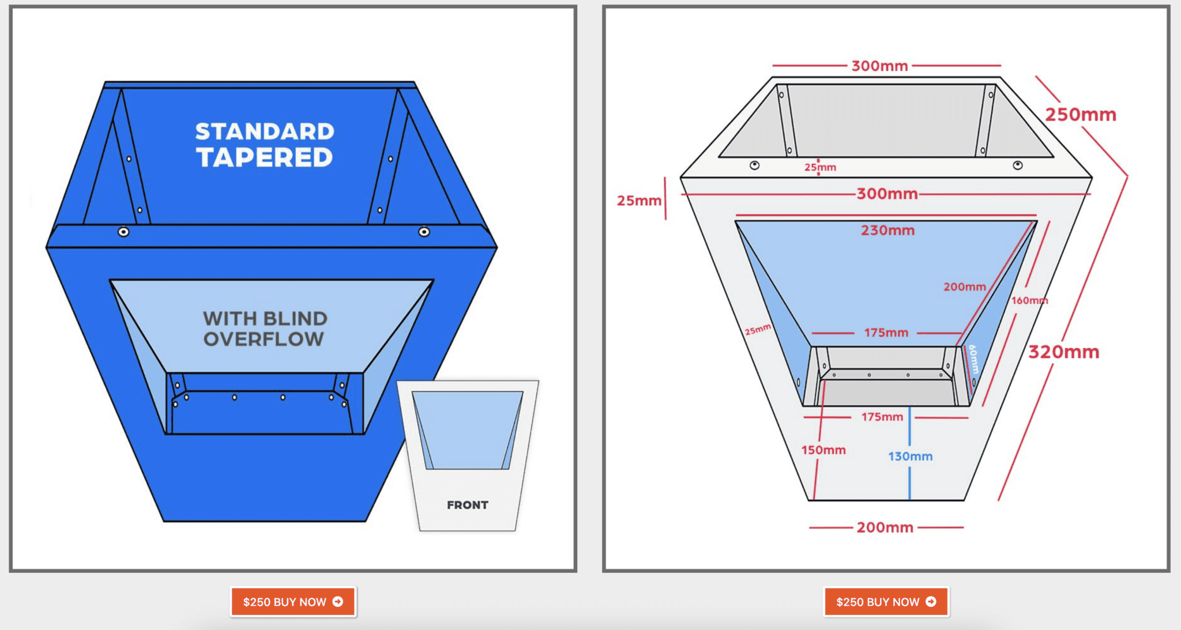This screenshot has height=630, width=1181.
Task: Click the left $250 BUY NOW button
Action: click(292, 602)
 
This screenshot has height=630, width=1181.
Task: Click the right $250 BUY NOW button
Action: click(886, 602)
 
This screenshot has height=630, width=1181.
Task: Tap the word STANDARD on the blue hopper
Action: click(265, 131)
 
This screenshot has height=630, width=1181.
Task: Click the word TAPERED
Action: click(265, 157)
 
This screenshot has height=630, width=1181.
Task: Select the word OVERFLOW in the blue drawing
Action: click(264, 339)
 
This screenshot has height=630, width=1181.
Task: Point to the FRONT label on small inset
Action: click(467, 505)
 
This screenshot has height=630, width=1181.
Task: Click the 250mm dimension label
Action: click(1081, 114)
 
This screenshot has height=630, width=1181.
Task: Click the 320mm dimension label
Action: click(1064, 352)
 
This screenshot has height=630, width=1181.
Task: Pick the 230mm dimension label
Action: click(887, 231)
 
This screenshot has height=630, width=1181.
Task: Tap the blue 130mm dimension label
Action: click(910, 457)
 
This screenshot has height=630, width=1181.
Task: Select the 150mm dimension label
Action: click(823, 450)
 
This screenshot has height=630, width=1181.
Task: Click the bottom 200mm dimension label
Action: click(885, 527)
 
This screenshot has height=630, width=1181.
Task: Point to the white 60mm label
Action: click(973, 359)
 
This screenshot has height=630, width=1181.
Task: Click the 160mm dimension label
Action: click(1029, 300)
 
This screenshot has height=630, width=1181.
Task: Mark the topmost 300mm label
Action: click(879, 66)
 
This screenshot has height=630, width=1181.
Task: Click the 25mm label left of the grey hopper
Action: click(639, 201)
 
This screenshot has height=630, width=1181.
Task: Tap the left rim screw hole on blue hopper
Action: click(123, 232)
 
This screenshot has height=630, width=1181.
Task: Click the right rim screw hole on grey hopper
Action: click(1018, 165)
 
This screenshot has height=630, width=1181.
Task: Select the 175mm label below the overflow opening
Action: click(882, 417)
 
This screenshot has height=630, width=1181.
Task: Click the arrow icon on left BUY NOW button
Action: click(338, 602)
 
